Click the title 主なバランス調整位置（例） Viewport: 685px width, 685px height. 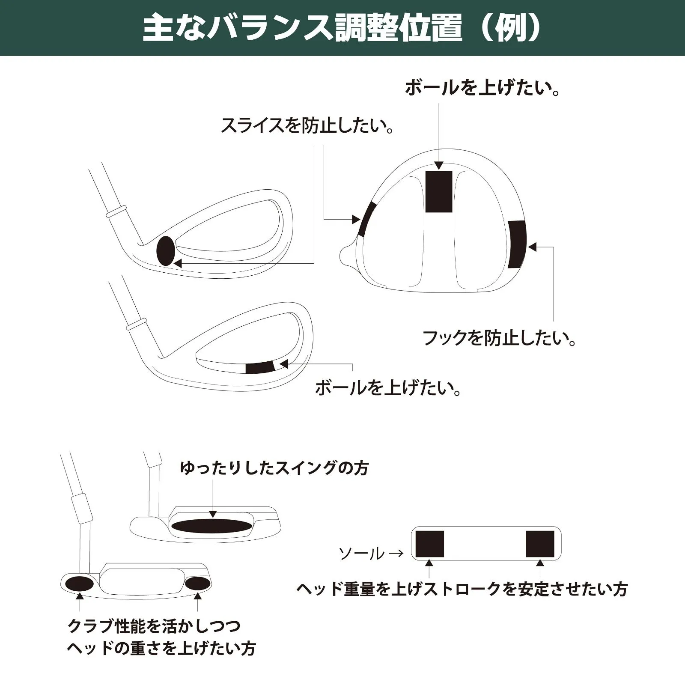click(342, 29)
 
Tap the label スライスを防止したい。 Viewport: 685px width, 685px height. click(307, 125)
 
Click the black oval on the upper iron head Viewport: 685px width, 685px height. click(166, 251)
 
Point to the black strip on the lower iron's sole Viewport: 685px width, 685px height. click(260, 367)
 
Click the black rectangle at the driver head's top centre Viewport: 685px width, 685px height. click(439, 191)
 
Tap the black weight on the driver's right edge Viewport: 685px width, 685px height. click(517, 244)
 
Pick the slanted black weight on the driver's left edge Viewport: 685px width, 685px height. click(367, 219)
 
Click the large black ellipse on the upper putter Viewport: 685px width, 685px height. click(211, 526)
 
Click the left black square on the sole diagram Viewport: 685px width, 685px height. click(430, 544)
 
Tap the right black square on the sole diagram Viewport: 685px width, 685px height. click(540, 544)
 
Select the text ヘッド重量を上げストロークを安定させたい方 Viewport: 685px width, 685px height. click(462, 589)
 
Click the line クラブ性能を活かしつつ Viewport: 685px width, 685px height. click(154, 626)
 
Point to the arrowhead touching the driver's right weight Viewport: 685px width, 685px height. click(532, 247)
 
